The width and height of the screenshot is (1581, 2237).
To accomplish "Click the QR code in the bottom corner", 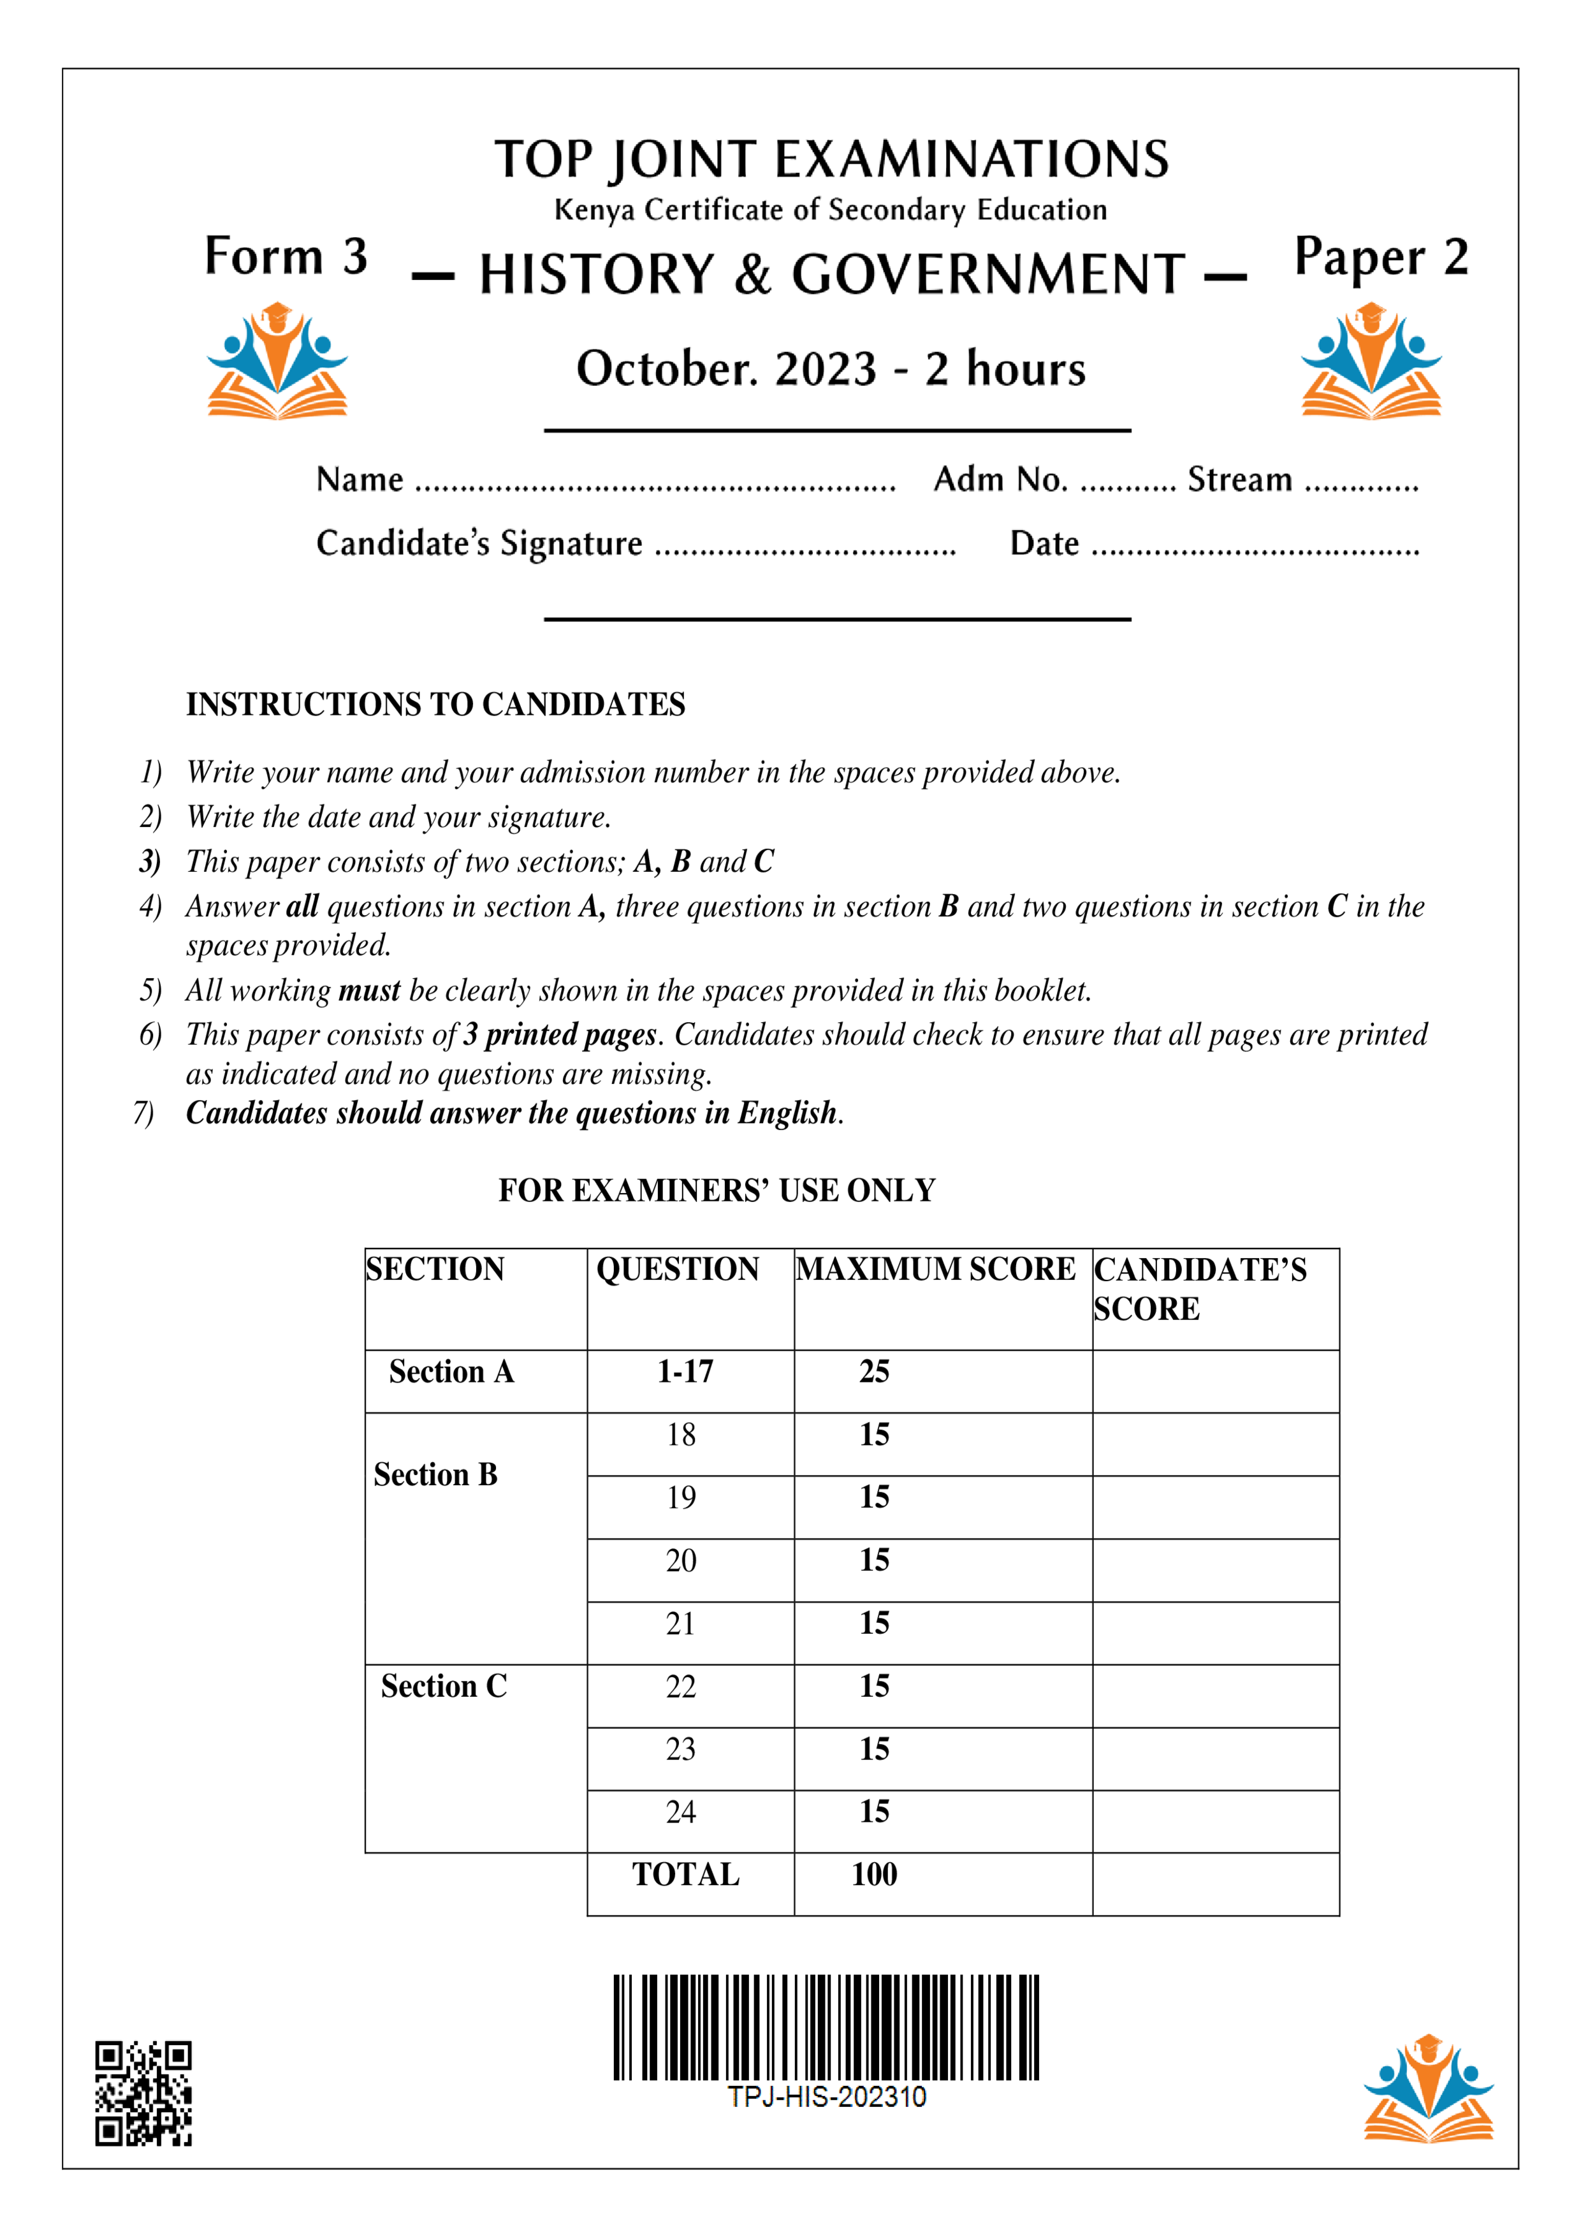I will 143,2093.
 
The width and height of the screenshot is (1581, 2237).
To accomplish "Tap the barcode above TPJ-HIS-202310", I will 826,2028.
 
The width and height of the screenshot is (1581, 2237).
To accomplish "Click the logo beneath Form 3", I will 277,362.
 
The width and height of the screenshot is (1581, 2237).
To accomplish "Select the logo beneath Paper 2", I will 1371,362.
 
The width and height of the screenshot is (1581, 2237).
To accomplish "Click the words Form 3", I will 286,256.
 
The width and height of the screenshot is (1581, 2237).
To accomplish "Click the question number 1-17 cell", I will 685,1372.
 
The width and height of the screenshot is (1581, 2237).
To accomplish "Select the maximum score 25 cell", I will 874,1372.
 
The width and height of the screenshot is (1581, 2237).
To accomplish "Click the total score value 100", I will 874,1875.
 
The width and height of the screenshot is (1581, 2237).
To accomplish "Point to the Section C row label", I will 444,1687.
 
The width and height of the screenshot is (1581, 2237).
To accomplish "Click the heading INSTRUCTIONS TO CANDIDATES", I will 435,705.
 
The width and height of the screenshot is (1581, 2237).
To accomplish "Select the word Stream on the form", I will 1239,480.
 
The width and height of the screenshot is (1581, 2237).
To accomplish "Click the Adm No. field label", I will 1000,480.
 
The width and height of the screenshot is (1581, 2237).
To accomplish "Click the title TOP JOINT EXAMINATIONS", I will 831,160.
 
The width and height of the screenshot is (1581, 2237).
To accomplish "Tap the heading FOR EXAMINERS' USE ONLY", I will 717,1191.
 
